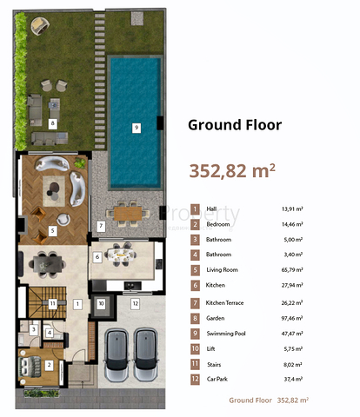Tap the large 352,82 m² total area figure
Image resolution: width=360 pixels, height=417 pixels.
232,169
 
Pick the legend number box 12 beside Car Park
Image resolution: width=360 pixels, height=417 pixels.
196,380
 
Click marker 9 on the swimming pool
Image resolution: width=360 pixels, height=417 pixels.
136,128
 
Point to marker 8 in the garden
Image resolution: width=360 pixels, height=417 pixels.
53,123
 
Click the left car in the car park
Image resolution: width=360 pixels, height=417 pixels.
115,356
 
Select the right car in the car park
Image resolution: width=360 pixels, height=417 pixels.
145,356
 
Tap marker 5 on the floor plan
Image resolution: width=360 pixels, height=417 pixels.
53,230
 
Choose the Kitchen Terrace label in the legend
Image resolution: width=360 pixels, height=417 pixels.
225,302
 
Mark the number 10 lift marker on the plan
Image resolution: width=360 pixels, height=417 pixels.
101,303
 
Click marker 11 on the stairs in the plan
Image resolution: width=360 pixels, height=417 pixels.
52,303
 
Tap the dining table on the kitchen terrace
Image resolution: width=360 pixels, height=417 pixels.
126,211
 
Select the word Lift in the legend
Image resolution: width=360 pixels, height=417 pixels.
211,348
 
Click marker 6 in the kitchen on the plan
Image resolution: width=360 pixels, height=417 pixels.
97,257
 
